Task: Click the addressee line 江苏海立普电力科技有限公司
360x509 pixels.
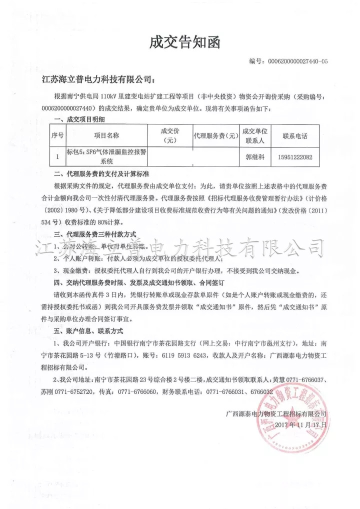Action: click(x=98, y=79)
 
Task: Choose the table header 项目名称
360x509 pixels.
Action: click(x=106, y=135)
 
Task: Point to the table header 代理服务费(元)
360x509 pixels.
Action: click(x=215, y=135)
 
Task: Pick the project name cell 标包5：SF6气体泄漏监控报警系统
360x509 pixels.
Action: click(x=106, y=156)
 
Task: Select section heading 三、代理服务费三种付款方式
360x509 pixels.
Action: click(x=95, y=234)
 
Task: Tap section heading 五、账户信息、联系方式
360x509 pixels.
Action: click(x=88, y=331)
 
